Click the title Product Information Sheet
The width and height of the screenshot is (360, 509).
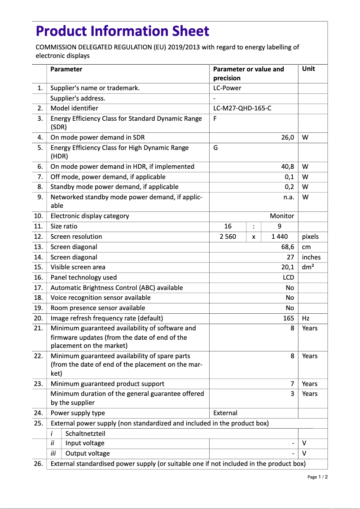click(122, 31)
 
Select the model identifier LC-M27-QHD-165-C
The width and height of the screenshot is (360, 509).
click(242, 108)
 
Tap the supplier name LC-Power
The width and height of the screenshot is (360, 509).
click(227, 88)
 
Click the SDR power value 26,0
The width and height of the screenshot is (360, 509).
click(287, 137)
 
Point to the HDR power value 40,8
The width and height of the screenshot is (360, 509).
click(287, 167)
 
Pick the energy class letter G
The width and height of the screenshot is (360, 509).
click(215, 148)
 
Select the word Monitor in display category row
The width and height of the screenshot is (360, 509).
click(282, 216)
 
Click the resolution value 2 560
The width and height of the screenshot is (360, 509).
click(228, 237)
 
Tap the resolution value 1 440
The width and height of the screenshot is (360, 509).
click(280, 237)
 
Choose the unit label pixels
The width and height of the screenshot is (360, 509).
click(310, 237)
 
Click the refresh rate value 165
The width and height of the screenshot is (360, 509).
click(289, 318)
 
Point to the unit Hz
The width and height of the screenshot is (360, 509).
click(306, 318)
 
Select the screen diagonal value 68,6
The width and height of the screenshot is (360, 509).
click(287, 247)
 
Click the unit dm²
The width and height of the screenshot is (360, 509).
click(307, 267)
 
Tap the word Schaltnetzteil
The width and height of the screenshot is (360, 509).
click(85, 434)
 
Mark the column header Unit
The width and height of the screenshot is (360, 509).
click(308, 69)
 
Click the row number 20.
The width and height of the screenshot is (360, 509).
click(38, 318)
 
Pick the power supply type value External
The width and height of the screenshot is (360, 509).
click(225, 413)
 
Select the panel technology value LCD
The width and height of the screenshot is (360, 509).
click(288, 277)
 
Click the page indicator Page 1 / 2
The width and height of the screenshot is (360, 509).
click(317, 477)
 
